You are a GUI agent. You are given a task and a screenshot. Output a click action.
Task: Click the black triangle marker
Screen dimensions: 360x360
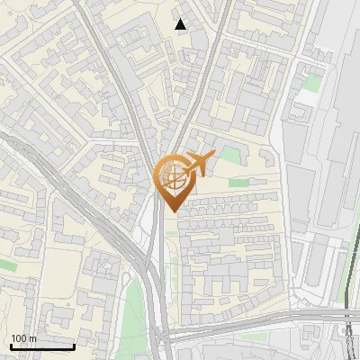pyautogui.click(x=181, y=24)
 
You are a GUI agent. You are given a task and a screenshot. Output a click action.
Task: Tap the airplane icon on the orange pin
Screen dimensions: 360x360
pyautogui.click(x=194, y=164)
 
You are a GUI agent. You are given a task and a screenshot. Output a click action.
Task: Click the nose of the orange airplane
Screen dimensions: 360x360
pyautogui.click(x=213, y=157)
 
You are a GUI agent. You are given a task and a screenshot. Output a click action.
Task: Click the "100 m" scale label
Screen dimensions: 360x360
pyautogui.click(x=23, y=338)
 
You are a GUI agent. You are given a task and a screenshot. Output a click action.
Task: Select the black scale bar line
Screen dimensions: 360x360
pyautogui.click(x=42, y=346)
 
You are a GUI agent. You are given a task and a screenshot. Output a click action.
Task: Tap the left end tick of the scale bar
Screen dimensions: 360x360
pyautogui.click(x=11, y=345)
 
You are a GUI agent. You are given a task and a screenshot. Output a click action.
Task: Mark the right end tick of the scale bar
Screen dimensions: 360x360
pyautogui.click(x=74, y=345)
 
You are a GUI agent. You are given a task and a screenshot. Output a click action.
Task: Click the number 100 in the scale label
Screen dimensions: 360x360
pyautogui.click(x=19, y=338)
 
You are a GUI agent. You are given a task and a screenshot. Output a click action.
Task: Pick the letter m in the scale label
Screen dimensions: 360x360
pyautogui.click(x=32, y=338)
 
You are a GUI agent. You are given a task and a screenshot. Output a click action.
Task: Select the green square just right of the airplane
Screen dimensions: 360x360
pyautogui.click(x=231, y=154)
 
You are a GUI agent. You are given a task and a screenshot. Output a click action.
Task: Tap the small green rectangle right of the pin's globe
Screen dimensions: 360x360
pyautogui.click(x=238, y=183)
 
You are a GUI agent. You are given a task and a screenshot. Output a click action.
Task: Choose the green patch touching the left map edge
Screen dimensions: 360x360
pyautogui.click(x=7, y=265)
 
